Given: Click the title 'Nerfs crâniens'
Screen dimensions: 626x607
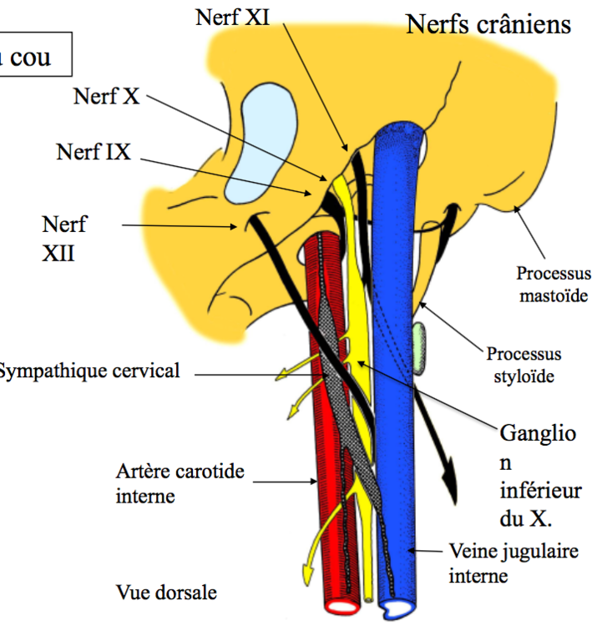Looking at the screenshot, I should pyautogui.click(x=488, y=24).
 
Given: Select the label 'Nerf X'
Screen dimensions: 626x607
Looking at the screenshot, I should pyautogui.click(x=106, y=95).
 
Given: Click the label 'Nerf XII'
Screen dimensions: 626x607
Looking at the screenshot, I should pyautogui.click(x=63, y=237).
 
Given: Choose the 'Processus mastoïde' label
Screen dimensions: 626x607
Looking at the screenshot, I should pyautogui.click(x=553, y=284).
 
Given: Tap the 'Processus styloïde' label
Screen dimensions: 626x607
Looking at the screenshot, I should pyautogui.click(x=524, y=365).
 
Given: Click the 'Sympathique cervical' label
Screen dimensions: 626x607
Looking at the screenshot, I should pyautogui.click(x=88, y=371).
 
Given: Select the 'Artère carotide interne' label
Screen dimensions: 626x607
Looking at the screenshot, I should pyautogui.click(x=180, y=483).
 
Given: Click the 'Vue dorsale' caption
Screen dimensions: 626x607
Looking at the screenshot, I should pyautogui.click(x=166, y=593).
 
